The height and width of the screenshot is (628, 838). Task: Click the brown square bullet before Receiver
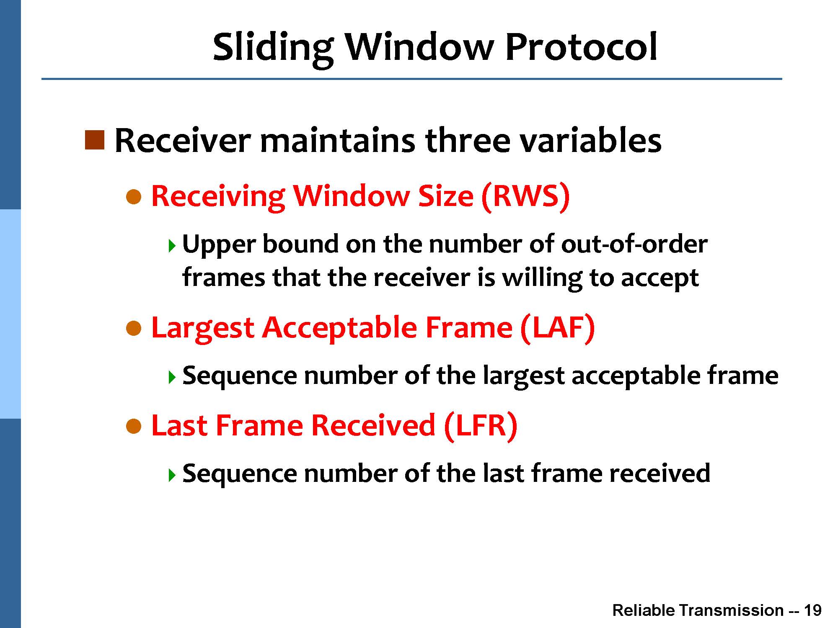click(x=94, y=140)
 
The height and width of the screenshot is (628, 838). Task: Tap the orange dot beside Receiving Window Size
click(x=134, y=197)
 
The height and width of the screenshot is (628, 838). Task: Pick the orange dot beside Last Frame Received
click(x=134, y=427)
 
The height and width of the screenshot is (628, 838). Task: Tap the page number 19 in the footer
click(x=813, y=610)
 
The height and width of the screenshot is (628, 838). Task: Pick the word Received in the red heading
click(x=373, y=425)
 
